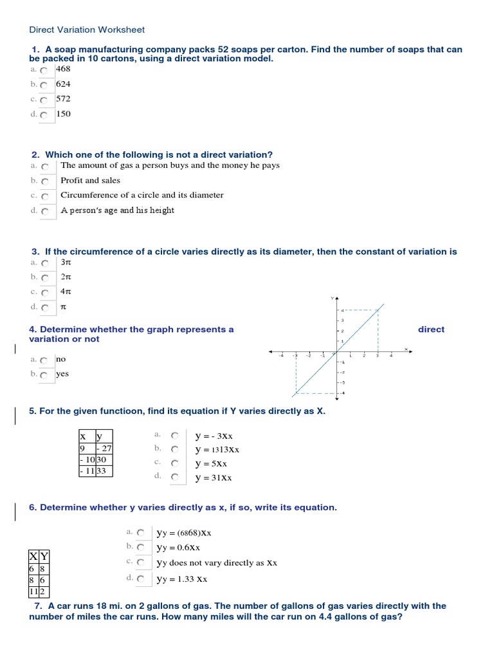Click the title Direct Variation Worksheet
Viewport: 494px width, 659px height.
click(x=87, y=30)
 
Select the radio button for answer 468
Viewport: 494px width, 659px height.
click(x=43, y=70)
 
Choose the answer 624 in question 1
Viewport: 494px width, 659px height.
click(x=43, y=84)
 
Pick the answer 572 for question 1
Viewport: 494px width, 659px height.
click(x=43, y=100)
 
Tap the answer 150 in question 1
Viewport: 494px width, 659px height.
click(x=43, y=115)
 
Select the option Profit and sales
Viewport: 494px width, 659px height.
click(x=45, y=181)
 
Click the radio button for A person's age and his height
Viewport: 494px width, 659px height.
click(x=45, y=211)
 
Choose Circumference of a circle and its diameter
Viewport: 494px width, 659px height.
click(x=45, y=196)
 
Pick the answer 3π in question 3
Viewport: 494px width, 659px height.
click(x=45, y=263)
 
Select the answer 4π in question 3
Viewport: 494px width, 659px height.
click(x=45, y=293)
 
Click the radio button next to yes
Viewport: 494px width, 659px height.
click(x=43, y=375)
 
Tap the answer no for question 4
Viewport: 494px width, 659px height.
click(x=43, y=360)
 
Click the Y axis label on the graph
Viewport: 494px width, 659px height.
click(x=333, y=298)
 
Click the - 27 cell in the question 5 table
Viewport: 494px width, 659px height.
click(x=104, y=449)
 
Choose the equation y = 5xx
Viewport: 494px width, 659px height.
click(x=175, y=463)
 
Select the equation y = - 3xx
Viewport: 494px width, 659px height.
click(x=175, y=436)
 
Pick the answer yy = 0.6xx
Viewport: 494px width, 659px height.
click(x=140, y=548)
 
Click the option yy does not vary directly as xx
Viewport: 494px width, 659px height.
click(x=140, y=563)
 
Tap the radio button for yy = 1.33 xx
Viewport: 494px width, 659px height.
click(x=140, y=579)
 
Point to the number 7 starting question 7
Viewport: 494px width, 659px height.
click(x=38, y=606)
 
